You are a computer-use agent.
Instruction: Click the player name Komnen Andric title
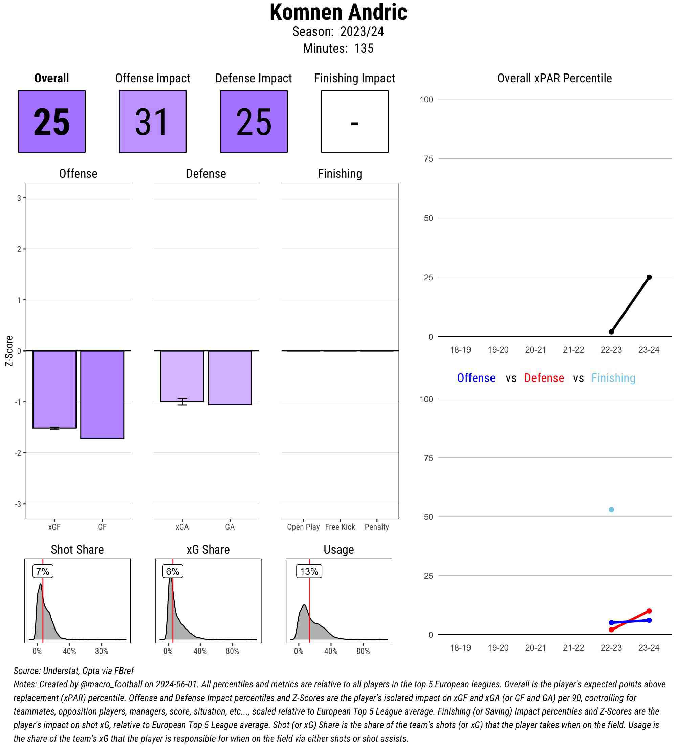338,13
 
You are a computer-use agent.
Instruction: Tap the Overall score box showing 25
52,121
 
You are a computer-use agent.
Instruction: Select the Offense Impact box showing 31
153,121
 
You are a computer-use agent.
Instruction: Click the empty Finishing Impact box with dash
354,121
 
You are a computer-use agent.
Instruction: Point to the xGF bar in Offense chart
54,389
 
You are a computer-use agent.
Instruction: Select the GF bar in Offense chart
102,394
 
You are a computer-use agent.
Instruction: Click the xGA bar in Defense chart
182,376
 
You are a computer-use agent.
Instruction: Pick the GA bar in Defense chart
230,377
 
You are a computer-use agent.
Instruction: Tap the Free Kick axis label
340,527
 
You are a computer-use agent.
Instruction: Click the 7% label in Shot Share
43,571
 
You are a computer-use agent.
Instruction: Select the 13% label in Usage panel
309,571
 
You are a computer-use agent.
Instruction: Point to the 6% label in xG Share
173,571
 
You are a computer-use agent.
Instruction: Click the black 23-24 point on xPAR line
649,277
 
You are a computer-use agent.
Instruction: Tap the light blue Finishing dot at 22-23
611,510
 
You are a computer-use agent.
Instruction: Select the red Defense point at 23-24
649,611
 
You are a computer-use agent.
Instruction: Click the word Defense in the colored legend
544,378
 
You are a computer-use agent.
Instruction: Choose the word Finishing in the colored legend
613,378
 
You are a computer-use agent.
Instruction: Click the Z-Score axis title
9,351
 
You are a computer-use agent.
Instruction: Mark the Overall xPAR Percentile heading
554,78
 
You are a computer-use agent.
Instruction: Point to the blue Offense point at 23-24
649,620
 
